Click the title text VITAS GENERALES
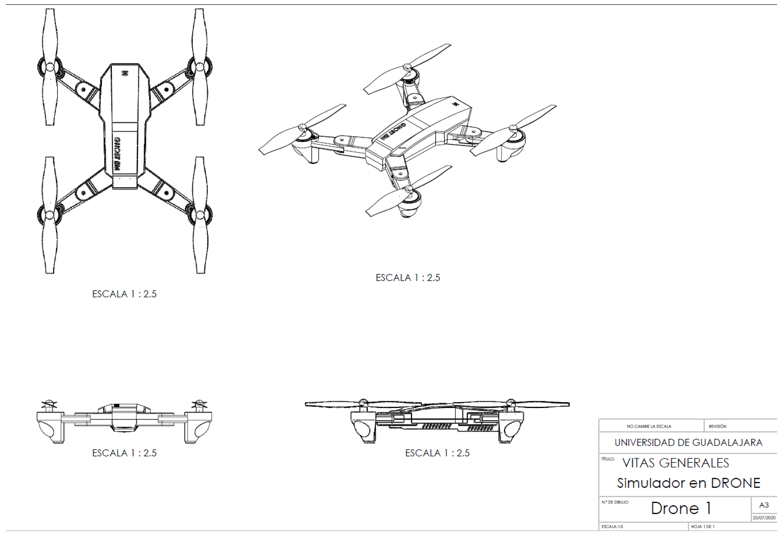(675, 463)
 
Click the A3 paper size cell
(764, 505)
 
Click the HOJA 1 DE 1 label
(702, 527)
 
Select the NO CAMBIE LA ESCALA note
(649, 426)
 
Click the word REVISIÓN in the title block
(717, 426)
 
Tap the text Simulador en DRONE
(688, 483)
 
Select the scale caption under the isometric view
(408, 278)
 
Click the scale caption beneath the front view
(124, 453)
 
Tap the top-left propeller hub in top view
(50, 67)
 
